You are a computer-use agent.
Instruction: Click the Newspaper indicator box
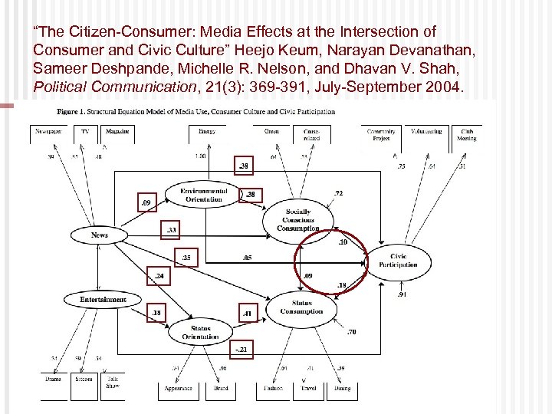point(48,133)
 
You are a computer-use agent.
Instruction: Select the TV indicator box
point(85,133)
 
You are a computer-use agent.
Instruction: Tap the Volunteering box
point(426,133)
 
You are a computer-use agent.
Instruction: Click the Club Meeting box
point(467,134)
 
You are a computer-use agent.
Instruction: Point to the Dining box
point(343,387)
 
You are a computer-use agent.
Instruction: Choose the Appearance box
point(178,387)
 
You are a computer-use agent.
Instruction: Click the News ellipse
point(99,235)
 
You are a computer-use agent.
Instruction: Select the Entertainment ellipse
point(103,299)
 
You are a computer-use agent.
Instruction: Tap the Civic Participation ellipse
point(398,261)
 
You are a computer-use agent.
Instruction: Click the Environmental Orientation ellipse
point(203,195)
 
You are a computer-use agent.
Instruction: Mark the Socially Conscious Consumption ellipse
point(297,219)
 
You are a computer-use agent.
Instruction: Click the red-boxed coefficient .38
point(243,166)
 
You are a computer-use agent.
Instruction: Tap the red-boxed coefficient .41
point(247,313)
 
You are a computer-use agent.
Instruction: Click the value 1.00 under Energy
point(200,156)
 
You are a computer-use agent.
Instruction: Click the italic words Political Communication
point(114,87)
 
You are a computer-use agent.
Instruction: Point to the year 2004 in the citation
point(444,87)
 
